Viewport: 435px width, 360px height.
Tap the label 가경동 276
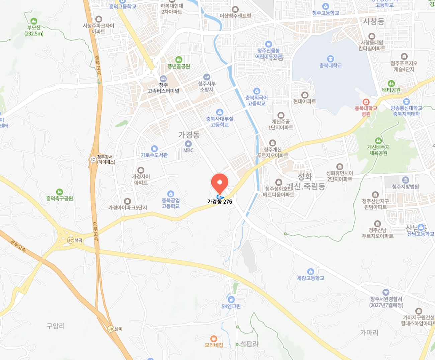220,202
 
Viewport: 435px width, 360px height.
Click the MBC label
188,150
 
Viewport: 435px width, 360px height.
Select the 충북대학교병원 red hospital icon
366,102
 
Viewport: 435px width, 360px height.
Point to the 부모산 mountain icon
34,22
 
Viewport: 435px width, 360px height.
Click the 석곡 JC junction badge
70,240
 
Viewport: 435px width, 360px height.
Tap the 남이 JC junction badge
111,329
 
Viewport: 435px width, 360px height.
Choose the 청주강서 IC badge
93,159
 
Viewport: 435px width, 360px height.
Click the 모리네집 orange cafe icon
214,339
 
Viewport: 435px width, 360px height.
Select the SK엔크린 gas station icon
231,299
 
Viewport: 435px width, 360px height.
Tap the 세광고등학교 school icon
310,271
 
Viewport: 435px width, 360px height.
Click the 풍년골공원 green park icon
179,60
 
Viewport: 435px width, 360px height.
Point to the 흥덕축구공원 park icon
59,192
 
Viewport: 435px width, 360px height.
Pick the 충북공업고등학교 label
171,203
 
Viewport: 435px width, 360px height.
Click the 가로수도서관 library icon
154,149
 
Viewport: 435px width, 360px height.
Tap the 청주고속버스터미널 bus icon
163,79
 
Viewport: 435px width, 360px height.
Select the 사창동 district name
374,22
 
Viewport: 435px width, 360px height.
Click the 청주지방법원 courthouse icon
405,180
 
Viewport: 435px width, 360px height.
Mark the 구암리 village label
56,326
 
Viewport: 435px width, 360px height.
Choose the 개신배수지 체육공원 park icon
378,141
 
